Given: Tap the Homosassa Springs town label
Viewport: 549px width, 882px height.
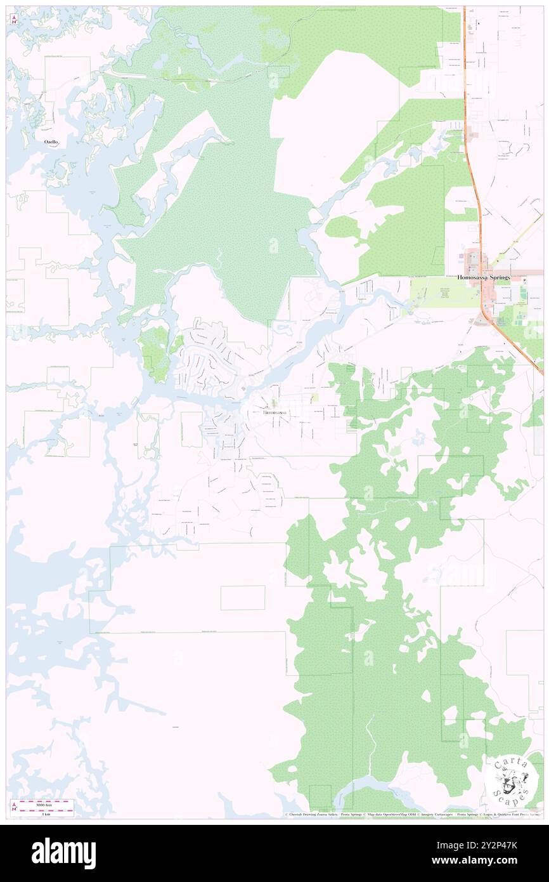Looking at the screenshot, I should click(484, 277).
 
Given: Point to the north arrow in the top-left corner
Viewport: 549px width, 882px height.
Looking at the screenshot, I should click(13, 20).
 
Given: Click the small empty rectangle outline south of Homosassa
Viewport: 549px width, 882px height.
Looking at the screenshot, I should click(243, 598).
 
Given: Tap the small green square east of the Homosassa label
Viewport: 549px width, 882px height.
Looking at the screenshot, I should click(315, 397).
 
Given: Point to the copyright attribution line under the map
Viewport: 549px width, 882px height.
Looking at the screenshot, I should click(412, 815).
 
